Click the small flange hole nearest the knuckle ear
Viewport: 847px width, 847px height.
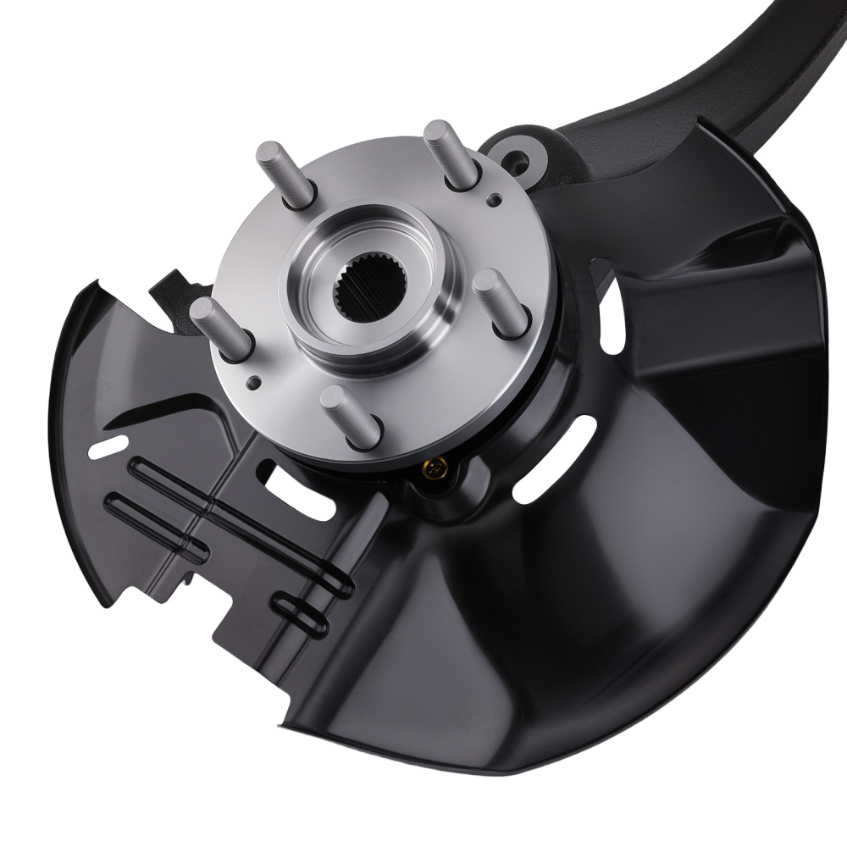(495, 199)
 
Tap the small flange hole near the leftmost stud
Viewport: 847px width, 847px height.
(252, 383)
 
